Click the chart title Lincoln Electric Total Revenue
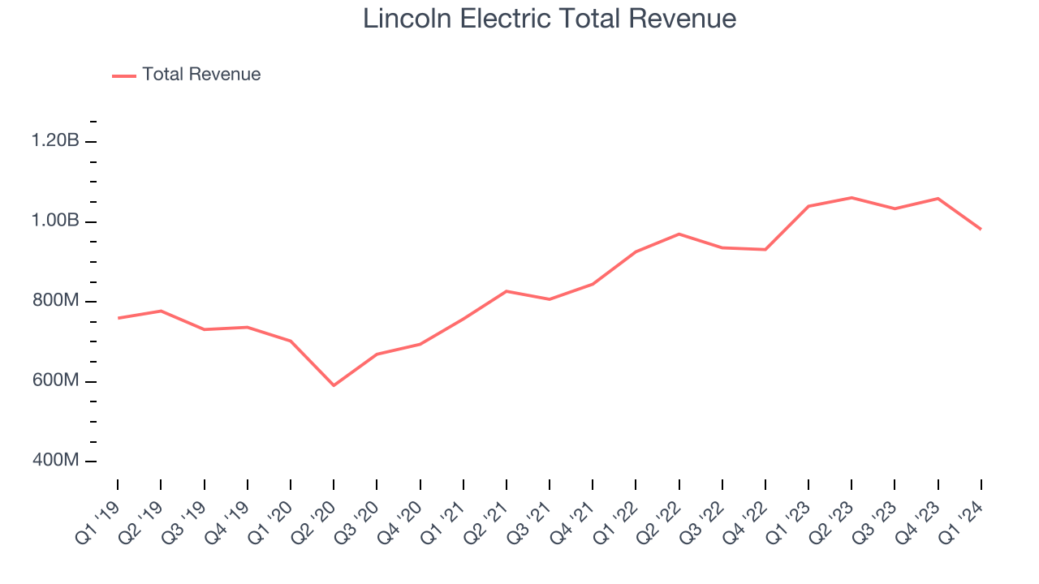point(549,18)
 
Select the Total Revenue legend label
point(201,75)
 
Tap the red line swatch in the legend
point(124,75)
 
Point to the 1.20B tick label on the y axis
point(55,141)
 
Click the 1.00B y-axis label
point(55,221)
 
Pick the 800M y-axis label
point(55,301)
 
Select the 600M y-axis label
point(55,381)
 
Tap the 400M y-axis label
point(55,461)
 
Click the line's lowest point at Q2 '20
point(334,385)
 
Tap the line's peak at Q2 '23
point(851,197)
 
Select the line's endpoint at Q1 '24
point(981,229)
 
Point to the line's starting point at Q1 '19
point(118,318)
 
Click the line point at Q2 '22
point(679,234)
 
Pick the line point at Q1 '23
point(808,206)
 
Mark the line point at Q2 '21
point(507,290)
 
